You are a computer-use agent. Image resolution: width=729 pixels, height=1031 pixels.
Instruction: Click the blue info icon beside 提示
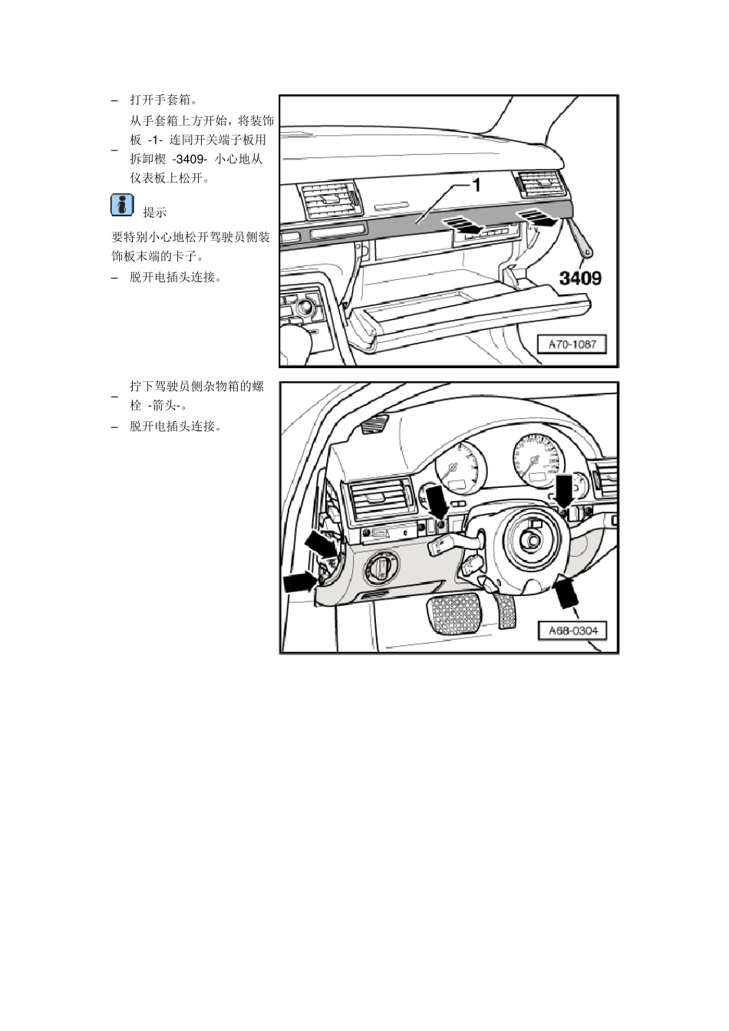(121, 206)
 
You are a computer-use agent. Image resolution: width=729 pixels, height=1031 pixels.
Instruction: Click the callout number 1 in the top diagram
(476, 184)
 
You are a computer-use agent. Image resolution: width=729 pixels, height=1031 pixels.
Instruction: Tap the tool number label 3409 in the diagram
(579, 278)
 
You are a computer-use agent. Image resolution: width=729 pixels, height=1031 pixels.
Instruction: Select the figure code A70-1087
(572, 344)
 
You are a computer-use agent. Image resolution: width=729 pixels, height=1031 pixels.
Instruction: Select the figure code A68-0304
(572, 631)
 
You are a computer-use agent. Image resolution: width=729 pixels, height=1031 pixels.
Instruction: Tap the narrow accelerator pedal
(506, 609)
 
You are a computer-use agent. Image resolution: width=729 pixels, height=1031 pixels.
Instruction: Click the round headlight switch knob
(381, 568)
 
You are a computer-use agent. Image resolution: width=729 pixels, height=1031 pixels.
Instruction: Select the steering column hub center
(531, 539)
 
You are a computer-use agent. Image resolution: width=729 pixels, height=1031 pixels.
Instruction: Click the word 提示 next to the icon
(154, 212)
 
